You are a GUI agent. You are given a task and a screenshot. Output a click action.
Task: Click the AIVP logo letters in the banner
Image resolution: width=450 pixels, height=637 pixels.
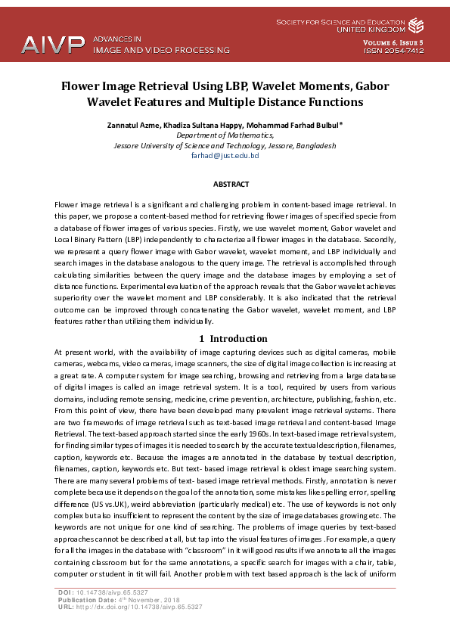pyautogui.click(x=52, y=44)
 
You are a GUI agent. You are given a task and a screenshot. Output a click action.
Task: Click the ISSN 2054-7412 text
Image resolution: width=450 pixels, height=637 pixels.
pyautogui.click(x=394, y=51)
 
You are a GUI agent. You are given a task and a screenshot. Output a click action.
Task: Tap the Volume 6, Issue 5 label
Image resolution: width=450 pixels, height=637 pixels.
pyautogui.click(x=393, y=42)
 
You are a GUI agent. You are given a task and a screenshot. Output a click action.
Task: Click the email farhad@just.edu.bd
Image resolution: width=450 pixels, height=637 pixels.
pyautogui.click(x=225, y=155)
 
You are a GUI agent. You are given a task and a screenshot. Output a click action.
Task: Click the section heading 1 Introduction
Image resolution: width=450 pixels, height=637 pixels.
pyautogui.click(x=232, y=338)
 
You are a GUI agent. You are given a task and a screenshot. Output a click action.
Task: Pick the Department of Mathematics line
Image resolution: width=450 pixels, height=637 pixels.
pyautogui.click(x=225, y=135)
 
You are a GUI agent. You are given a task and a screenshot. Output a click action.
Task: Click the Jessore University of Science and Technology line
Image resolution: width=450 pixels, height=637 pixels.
pyautogui.click(x=225, y=145)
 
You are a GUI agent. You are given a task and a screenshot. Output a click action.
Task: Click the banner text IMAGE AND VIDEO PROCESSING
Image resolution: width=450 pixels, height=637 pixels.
pyautogui.click(x=160, y=51)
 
